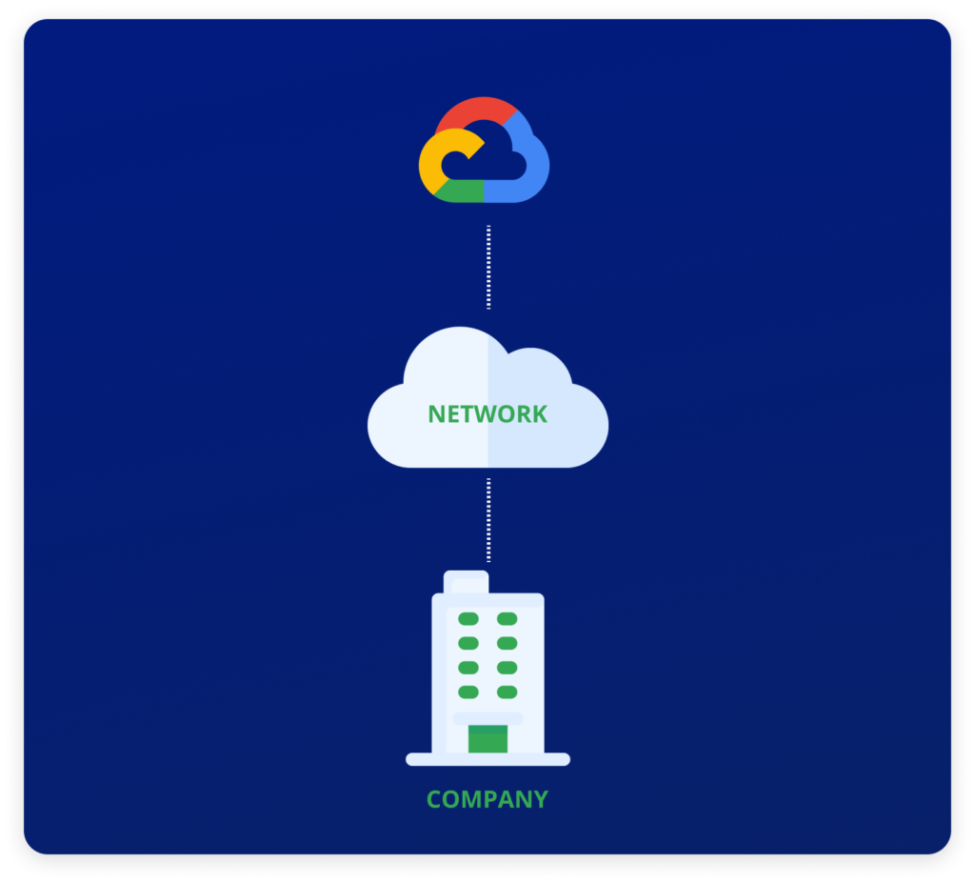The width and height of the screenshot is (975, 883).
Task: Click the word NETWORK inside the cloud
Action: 487,414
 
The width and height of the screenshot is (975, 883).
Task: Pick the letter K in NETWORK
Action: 540,414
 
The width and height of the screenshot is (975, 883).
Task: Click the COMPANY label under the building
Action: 487,799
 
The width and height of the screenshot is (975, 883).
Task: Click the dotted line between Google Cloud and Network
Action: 488,267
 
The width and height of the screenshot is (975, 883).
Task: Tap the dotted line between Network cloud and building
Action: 488,520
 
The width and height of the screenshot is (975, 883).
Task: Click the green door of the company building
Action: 488,738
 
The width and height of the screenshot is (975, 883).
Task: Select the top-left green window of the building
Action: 468,618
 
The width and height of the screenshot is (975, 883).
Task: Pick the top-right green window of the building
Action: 507,618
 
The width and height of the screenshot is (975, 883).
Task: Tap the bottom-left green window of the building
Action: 468,692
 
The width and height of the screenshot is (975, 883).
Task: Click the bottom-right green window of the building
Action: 507,692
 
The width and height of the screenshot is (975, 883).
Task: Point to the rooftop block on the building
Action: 466,582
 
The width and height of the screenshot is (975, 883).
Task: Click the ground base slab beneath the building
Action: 488,759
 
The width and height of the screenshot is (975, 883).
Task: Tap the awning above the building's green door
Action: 488,719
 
